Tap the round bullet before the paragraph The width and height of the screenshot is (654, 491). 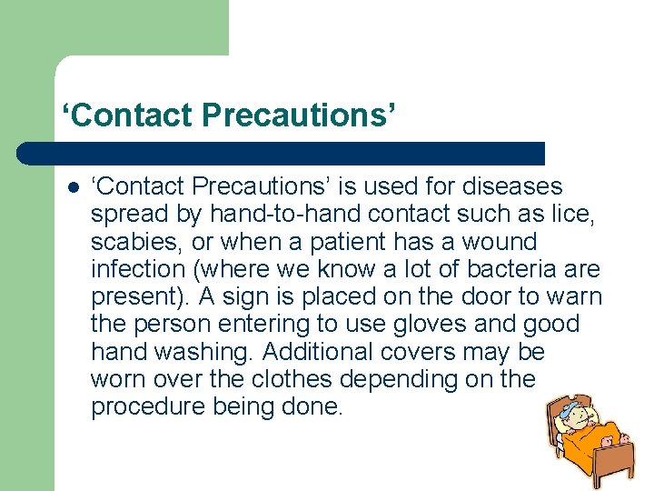click(73, 187)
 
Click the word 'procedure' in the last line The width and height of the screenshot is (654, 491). click(148, 406)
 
